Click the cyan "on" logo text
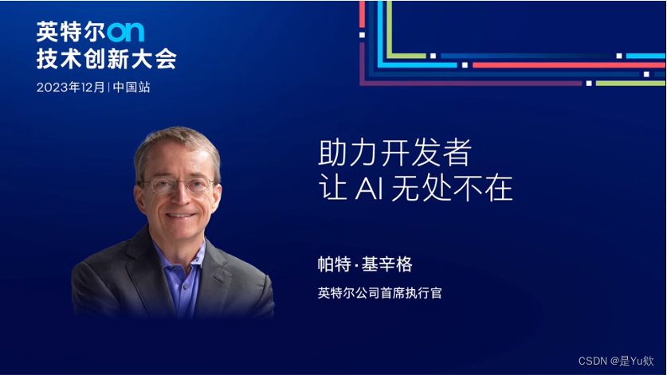coord(125,32)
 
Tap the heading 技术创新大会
coord(106,59)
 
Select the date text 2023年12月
coord(70,88)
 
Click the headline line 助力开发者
coord(395,152)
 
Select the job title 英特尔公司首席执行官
coord(379,293)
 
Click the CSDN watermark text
coord(593,361)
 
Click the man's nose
coord(181,199)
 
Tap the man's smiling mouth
coord(182,215)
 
